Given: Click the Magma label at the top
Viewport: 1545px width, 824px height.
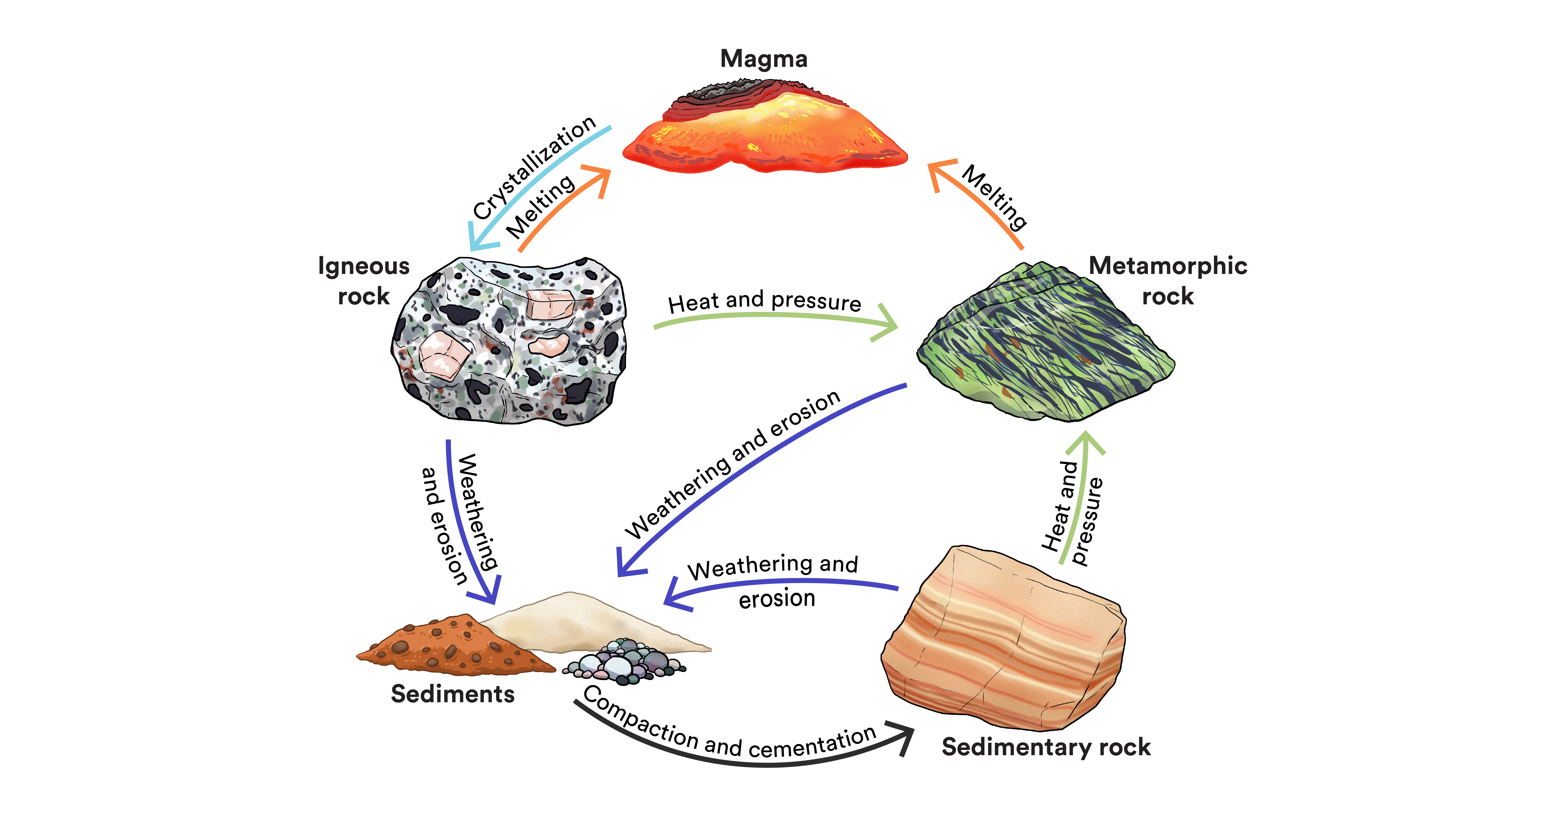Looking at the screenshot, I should pyautogui.click(x=763, y=59).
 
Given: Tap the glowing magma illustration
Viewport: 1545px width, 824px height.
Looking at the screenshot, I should pyautogui.click(x=765, y=135).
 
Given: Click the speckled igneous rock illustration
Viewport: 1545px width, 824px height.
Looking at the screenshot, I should pyautogui.click(x=510, y=342).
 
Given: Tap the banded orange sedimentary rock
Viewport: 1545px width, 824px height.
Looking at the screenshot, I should pyautogui.click(x=1002, y=642).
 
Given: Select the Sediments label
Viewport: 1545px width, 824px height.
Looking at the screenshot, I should pyautogui.click(x=452, y=694).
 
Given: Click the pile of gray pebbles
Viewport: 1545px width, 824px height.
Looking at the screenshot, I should pyautogui.click(x=624, y=663).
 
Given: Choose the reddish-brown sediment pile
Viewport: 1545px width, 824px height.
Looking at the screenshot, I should pyautogui.click(x=450, y=648).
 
